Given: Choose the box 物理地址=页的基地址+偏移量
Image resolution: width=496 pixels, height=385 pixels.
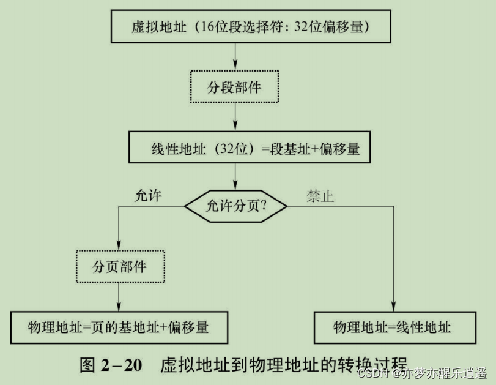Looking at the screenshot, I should (x=119, y=327).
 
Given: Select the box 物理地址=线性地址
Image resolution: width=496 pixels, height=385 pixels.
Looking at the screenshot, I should (x=392, y=327).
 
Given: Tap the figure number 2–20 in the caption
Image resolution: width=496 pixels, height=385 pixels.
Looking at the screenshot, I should (x=121, y=365).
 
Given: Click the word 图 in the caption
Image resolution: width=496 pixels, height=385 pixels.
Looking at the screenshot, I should (x=87, y=365).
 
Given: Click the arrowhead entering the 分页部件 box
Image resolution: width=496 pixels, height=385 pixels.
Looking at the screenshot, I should (x=119, y=247).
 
